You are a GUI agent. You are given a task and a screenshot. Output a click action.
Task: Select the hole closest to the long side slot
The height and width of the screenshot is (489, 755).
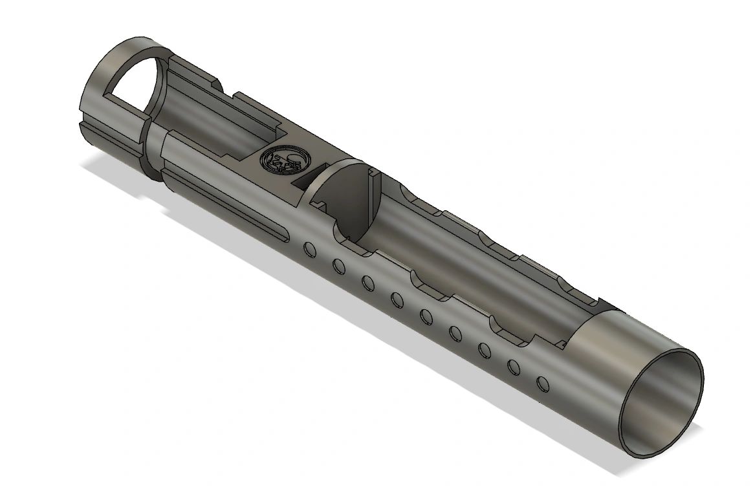point(309,248)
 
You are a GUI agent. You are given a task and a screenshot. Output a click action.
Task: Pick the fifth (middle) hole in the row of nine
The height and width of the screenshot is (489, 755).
point(426,316)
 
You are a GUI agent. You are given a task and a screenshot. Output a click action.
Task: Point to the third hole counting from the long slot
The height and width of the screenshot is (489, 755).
point(367,283)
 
